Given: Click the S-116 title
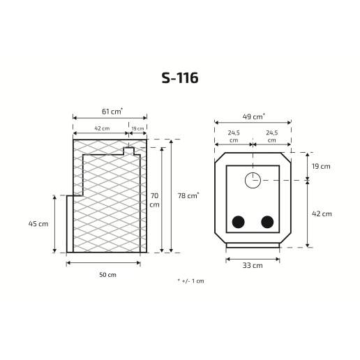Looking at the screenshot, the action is [x=180, y=77].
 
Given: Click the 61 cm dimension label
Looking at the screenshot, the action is [x=112, y=112].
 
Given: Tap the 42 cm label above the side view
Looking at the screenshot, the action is [x=102, y=128].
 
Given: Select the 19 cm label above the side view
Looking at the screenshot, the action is [x=137, y=128].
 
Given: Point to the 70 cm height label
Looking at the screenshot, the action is [x=154, y=200].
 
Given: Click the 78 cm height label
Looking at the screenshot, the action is [x=188, y=195].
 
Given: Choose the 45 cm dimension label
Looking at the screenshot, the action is [x=38, y=224].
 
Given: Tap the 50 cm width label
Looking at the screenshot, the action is [x=107, y=275].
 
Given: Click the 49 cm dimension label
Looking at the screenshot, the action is [x=253, y=117].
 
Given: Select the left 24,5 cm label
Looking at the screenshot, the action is [x=234, y=137].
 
